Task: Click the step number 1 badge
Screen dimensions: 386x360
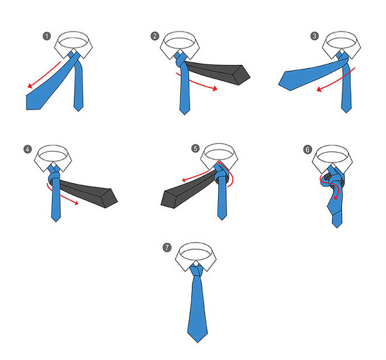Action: click(47, 36)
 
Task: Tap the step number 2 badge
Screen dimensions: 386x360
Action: click(155, 36)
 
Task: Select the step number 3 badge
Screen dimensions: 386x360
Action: click(315, 36)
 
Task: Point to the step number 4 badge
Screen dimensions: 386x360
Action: click(27, 150)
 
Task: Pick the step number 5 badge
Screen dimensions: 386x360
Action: click(195, 148)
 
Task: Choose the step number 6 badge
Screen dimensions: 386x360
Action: click(308, 150)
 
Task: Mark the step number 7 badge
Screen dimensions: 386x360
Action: click(167, 247)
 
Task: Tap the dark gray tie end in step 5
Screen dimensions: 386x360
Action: click(187, 191)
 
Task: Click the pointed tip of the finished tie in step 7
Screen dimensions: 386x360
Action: click(198, 342)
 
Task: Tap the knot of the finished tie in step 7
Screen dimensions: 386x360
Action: click(197, 270)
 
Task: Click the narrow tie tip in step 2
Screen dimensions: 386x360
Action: click(185, 114)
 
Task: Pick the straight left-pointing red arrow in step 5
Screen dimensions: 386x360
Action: click(195, 176)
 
